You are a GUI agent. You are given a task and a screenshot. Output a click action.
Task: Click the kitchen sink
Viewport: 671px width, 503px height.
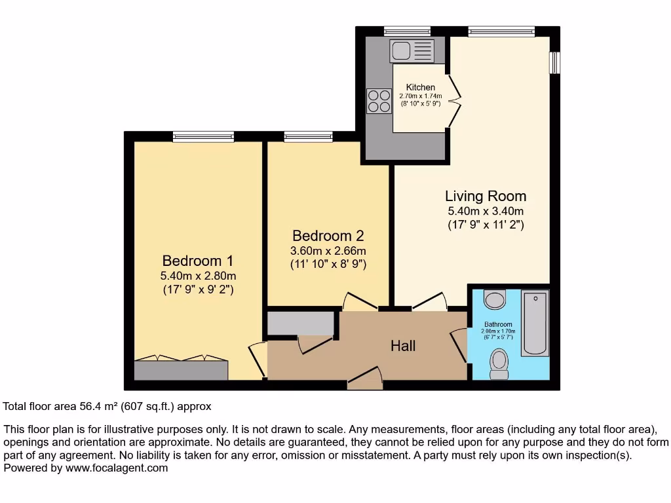(x=411, y=50)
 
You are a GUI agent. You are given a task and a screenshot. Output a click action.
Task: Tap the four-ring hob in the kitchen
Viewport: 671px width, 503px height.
(x=378, y=102)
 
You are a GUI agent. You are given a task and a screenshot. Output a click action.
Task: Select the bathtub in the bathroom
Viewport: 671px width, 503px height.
(x=534, y=325)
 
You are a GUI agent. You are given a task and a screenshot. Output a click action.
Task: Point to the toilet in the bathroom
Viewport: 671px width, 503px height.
(x=499, y=363)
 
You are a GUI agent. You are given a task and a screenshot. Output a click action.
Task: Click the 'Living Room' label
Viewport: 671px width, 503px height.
(x=485, y=196)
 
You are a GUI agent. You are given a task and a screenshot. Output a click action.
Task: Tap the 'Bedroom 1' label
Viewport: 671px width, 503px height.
(x=198, y=261)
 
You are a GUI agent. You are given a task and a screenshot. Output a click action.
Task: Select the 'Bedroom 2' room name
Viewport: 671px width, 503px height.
(x=328, y=236)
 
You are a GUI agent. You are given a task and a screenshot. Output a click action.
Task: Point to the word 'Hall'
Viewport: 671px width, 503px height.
(x=403, y=346)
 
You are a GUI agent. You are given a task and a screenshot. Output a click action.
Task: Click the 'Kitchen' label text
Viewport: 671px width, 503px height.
(x=420, y=88)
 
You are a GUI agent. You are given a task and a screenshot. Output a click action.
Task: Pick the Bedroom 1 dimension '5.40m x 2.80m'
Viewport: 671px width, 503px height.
(x=198, y=276)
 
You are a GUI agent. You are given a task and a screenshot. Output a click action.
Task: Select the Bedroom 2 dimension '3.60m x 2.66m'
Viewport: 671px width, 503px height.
(x=328, y=251)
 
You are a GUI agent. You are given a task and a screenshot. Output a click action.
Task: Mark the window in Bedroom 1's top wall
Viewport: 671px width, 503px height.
(x=203, y=136)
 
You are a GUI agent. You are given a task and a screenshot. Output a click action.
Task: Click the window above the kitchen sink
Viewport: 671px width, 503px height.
(x=407, y=31)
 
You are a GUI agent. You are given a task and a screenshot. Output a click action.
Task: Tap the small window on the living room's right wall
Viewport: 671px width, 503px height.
(x=554, y=63)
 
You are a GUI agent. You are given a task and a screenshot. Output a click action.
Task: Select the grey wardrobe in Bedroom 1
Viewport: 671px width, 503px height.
(x=181, y=370)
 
